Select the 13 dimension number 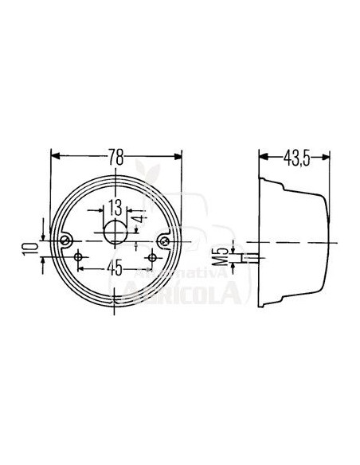(115, 209)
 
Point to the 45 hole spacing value (115, 268)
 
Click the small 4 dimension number (139, 218)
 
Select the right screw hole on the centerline (165, 241)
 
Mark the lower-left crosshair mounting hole (80, 257)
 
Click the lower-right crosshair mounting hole (152, 257)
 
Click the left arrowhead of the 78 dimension (54, 157)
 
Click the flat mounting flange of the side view (262, 239)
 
